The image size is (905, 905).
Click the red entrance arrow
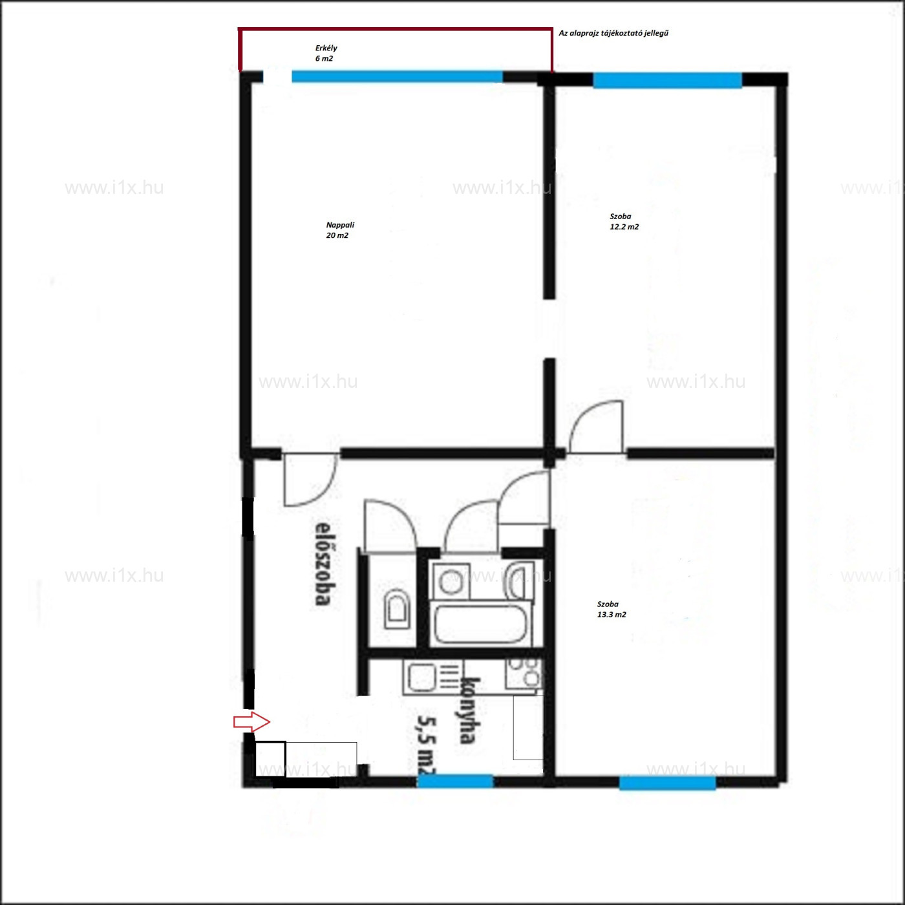pyautogui.click(x=251, y=721)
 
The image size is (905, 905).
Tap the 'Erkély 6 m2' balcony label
pyautogui.click(x=326, y=53)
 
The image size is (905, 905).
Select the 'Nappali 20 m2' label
pyautogui.click(x=340, y=230)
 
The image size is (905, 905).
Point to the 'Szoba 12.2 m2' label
pyautogui.click(x=624, y=222)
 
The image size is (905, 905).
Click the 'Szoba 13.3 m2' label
pyautogui.click(x=612, y=609)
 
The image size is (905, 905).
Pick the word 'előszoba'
pyautogui.click(x=322, y=563)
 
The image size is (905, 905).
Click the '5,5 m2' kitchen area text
pyautogui.click(x=427, y=746)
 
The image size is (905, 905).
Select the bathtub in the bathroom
pyautogui.click(x=480, y=624)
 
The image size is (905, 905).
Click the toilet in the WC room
pyautogui.click(x=397, y=609)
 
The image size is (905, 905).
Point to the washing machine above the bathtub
pyautogui.click(x=451, y=581)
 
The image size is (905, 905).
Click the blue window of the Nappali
pyautogui.click(x=397, y=76)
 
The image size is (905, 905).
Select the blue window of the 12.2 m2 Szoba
pyautogui.click(x=667, y=80)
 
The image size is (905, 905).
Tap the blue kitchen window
pyautogui.click(x=455, y=780)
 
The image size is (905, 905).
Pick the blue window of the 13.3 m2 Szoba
pyautogui.click(x=667, y=783)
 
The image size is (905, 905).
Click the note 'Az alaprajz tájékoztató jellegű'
pyautogui.click(x=613, y=34)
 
